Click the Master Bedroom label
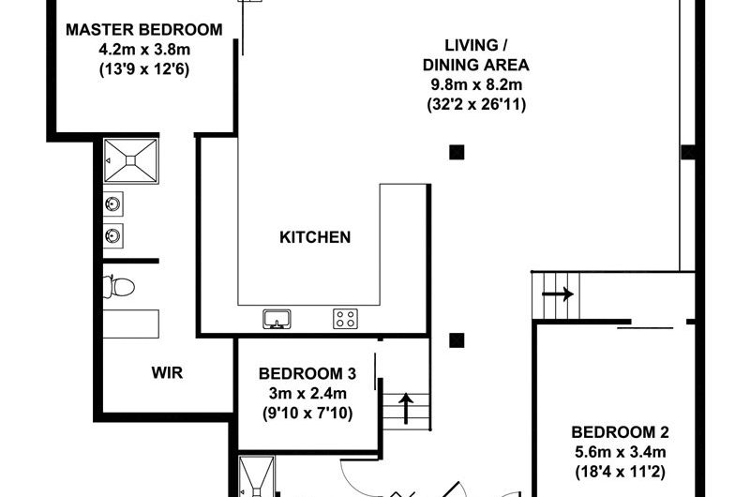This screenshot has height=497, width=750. [x=144, y=30]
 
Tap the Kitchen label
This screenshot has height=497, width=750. [x=315, y=237]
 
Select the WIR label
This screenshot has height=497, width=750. [x=167, y=372]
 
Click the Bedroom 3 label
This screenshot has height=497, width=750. [x=307, y=373]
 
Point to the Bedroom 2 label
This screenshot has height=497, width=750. [x=620, y=432]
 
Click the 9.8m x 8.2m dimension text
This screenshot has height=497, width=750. [x=476, y=84]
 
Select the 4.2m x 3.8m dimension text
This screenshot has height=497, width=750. [x=144, y=50]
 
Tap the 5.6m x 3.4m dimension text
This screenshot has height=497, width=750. [x=621, y=452]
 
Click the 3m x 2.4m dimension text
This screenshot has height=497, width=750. [x=307, y=393]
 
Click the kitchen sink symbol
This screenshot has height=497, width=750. [x=277, y=319]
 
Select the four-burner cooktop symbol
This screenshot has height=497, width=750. [x=345, y=319]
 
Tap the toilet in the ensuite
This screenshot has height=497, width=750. [x=119, y=287]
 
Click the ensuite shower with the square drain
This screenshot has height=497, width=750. [x=131, y=160]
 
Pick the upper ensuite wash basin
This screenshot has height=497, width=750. [x=113, y=204]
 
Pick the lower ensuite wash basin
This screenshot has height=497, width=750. [x=113, y=235]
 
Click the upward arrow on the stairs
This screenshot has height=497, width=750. [x=406, y=409]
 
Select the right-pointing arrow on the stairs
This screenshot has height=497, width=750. [x=558, y=294]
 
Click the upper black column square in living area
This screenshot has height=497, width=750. [x=457, y=152]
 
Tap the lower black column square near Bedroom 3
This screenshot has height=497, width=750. [x=457, y=340]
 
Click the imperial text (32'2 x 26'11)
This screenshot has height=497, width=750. [x=476, y=104]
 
